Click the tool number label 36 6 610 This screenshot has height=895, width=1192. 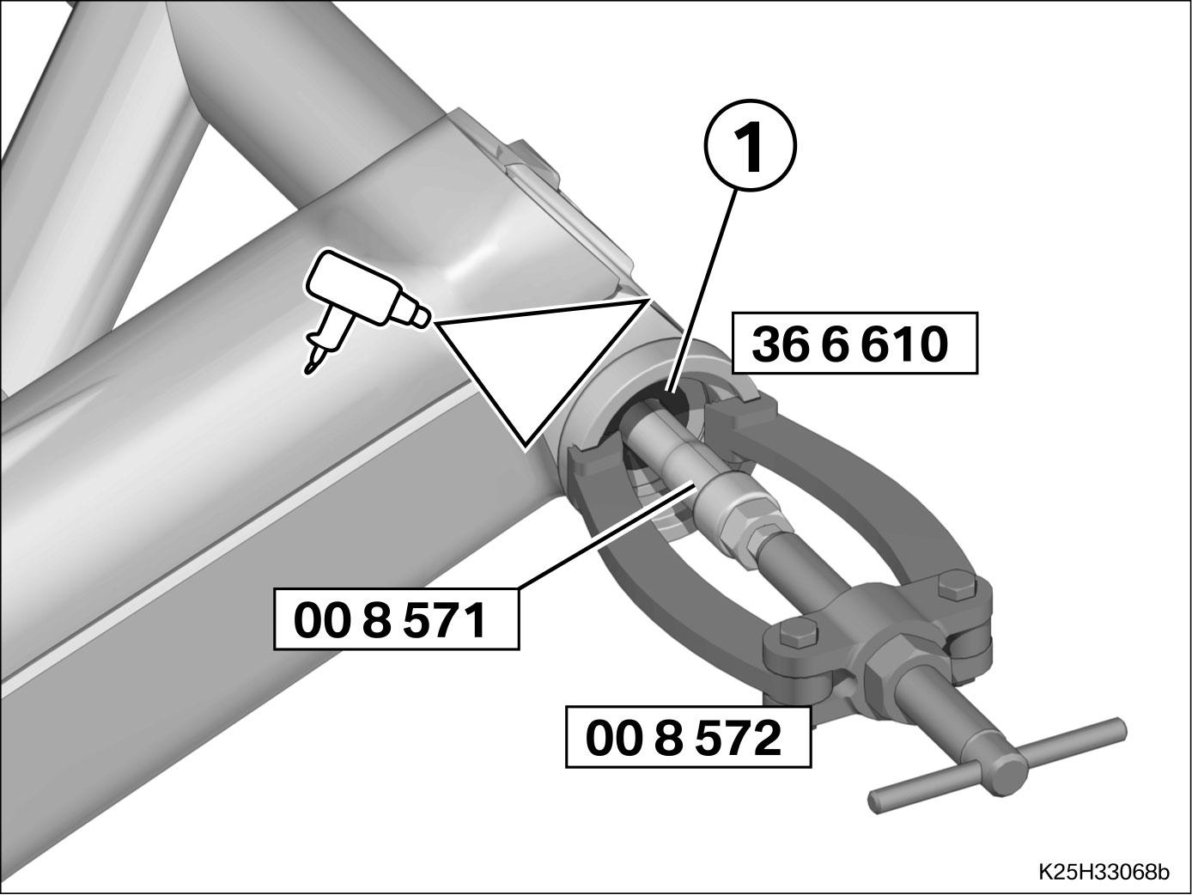tap(854, 344)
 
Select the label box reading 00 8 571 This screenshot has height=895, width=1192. tap(397, 619)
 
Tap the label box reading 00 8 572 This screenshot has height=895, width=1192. tap(689, 737)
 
